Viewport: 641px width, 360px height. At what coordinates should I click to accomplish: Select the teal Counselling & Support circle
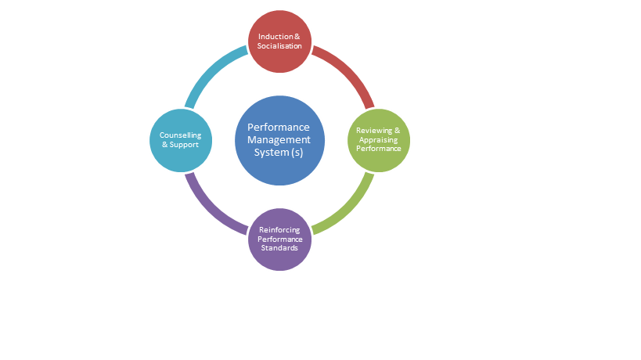tap(180, 140)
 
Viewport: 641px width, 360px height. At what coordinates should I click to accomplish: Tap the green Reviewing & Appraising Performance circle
tap(379, 140)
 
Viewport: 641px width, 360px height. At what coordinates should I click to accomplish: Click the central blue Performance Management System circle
tap(279, 140)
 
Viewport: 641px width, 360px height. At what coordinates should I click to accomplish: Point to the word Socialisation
tap(279, 46)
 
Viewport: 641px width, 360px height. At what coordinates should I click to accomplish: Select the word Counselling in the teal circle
tap(180, 135)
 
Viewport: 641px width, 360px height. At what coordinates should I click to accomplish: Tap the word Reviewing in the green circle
tap(374, 130)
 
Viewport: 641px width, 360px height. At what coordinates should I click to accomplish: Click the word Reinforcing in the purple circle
tap(279, 229)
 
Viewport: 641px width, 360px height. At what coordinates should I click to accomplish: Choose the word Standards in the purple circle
tap(279, 248)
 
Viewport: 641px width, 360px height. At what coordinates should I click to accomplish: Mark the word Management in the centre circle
tap(279, 140)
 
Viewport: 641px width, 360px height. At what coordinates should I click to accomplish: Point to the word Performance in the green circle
tap(379, 148)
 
